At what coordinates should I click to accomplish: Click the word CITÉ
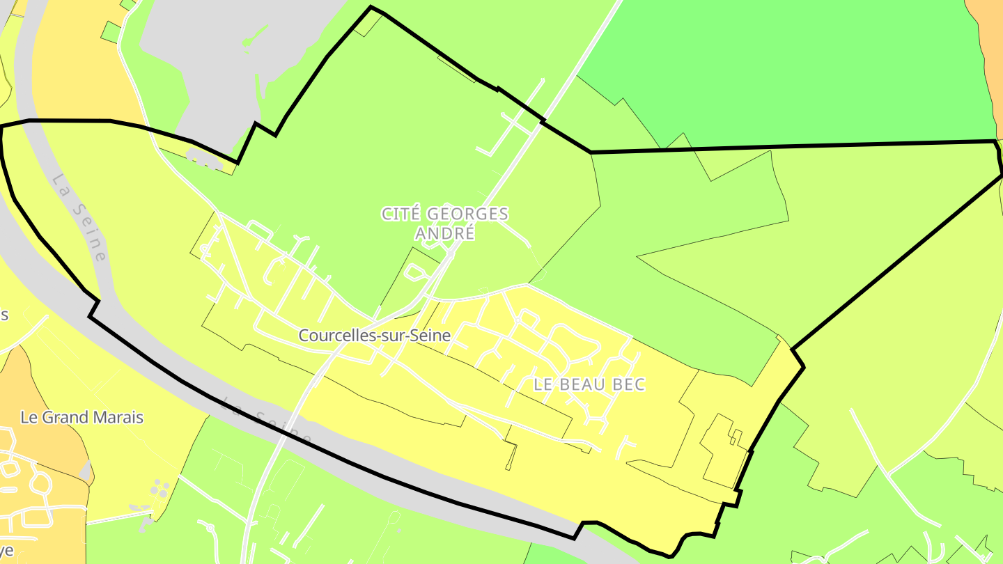click(402, 214)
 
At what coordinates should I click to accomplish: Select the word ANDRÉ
click(446, 233)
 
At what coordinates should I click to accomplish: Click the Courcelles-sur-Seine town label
click(375, 336)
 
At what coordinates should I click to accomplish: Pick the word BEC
click(630, 384)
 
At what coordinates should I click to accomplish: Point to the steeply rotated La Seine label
click(81, 218)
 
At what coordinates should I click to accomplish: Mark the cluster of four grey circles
click(160, 488)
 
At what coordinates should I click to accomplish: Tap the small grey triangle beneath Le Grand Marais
click(86, 474)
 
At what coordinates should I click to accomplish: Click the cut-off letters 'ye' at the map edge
click(6, 550)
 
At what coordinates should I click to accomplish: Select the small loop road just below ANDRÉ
click(416, 272)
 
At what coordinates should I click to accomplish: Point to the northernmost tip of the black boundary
click(371, 8)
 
